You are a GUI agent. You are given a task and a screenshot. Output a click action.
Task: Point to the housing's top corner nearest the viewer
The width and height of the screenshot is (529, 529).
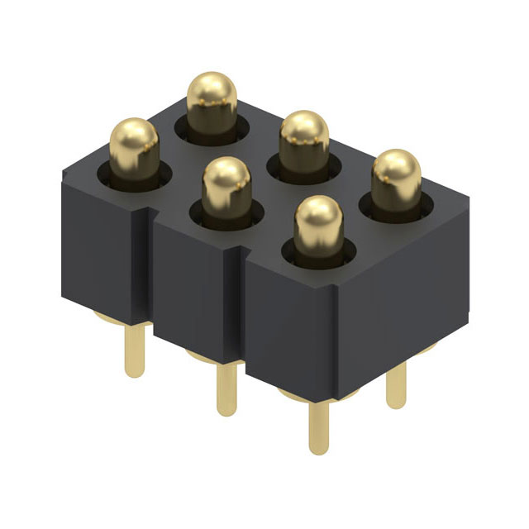(336, 284)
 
